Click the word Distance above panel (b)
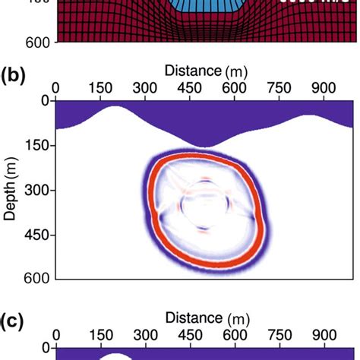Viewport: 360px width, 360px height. coord(193,70)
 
